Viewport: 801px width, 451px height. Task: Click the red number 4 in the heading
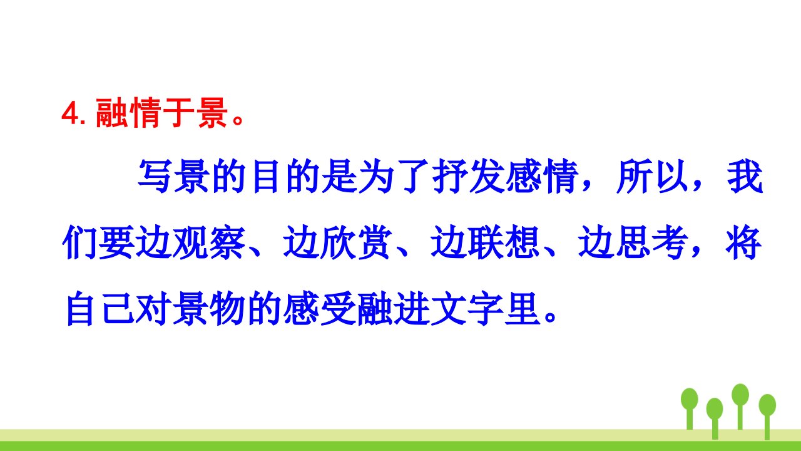[x=71, y=113]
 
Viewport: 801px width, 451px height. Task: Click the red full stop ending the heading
[x=238, y=120]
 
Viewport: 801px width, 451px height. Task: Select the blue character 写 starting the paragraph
[x=154, y=177]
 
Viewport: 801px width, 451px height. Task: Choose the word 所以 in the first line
[x=651, y=177]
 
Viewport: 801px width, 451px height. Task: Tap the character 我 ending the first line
[x=745, y=177]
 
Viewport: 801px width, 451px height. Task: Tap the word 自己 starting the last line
[x=99, y=309]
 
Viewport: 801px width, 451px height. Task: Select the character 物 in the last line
[x=227, y=309]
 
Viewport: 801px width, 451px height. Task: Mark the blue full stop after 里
[x=549, y=316]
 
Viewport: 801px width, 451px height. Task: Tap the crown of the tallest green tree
[x=740, y=395]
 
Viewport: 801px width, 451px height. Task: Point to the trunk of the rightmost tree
[x=767, y=427]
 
